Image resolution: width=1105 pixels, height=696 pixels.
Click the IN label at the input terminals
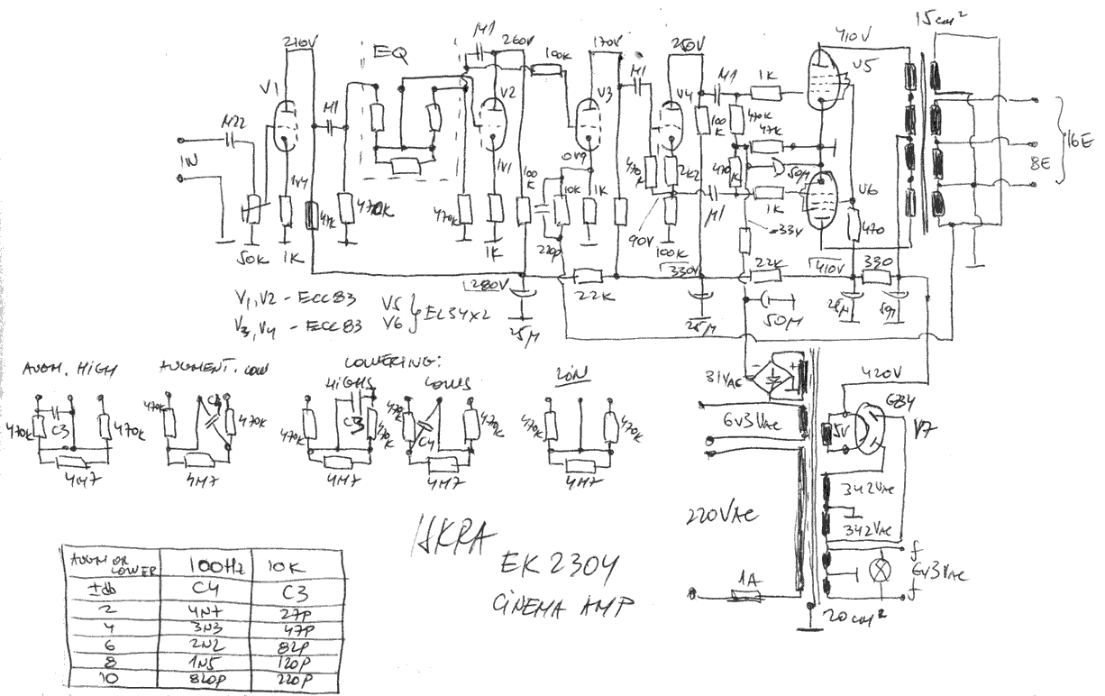(x=187, y=161)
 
